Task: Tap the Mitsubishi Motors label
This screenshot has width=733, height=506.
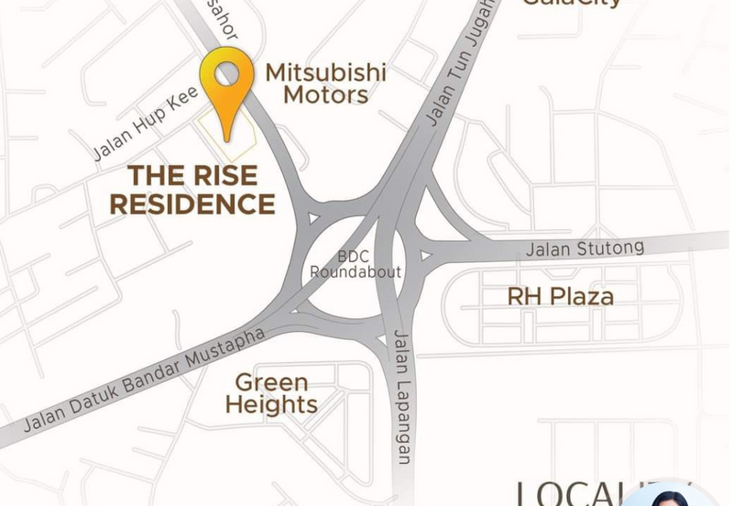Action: pos(325,82)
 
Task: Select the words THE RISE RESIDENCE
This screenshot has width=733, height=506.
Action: pos(192,189)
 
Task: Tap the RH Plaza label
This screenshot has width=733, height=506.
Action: pos(561,297)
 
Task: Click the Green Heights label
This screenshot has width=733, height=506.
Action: pos(271,392)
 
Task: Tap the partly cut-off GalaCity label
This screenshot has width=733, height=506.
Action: pos(572,4)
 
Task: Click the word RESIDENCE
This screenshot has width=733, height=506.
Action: pos(192,203)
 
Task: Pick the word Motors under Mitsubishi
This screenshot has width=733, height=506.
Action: pos(325,94)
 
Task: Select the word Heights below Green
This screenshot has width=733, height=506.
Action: pos(271,404)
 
